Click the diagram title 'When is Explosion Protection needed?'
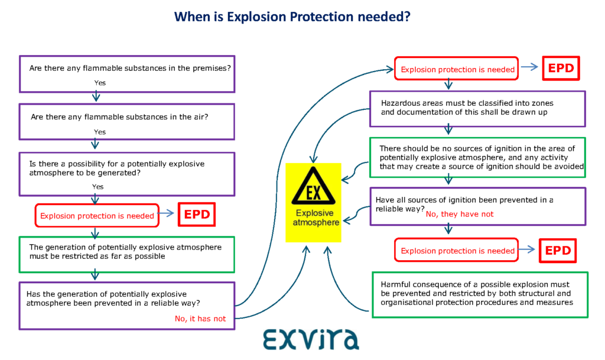292,17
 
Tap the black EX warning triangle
313,186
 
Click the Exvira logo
311,339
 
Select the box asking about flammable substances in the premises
127,74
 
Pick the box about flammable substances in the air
127,122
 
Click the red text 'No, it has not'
200,319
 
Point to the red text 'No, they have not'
460,214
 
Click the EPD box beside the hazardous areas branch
561,69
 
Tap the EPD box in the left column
197,215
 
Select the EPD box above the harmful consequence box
558,251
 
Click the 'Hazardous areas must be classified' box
477,109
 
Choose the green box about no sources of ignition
477,157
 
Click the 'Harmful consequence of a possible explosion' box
480,295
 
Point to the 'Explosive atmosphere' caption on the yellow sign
315,218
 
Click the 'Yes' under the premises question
100,83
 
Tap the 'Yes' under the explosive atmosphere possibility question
97,187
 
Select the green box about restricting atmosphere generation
127,255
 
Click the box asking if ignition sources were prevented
477,206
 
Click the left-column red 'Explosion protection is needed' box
97,216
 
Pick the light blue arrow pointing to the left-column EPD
166,213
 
